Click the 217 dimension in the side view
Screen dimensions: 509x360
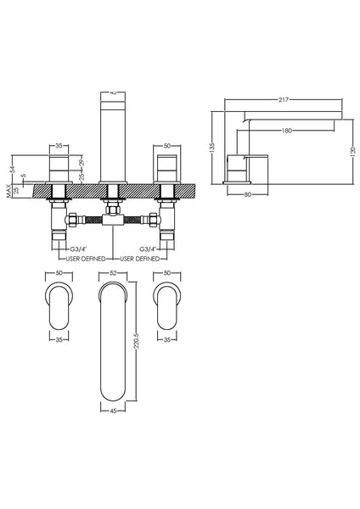(x=280, y=101)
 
